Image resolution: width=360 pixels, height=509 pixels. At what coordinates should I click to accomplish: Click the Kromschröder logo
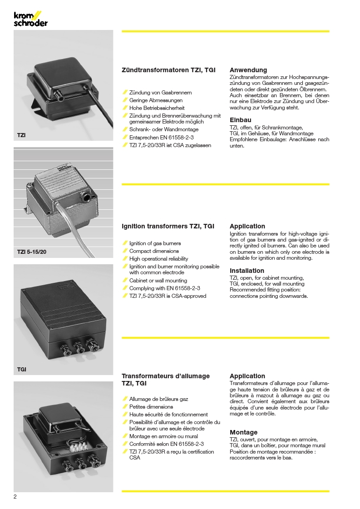[30, 19]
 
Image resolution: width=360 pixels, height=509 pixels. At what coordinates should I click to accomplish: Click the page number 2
[15, 496]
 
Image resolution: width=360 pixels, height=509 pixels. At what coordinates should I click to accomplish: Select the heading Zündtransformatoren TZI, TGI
[168, 70]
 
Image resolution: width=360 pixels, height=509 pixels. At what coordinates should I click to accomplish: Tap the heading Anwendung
[248, 70]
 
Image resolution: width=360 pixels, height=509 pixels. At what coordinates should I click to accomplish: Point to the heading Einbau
[241, 120]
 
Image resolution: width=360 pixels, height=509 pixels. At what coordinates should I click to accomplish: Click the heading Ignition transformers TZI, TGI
[168, 226]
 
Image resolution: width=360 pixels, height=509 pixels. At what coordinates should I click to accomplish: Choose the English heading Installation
[247, 271]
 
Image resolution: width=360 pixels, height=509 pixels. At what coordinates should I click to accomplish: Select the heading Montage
[243, 432]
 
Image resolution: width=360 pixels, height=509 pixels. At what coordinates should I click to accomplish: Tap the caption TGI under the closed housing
[22, 369]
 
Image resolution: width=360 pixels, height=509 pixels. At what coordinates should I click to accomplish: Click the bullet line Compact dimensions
[154, 251]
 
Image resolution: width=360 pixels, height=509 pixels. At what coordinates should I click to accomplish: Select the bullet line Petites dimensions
[151, 407]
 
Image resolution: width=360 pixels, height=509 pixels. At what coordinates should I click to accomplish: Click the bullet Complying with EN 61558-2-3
[164, 288]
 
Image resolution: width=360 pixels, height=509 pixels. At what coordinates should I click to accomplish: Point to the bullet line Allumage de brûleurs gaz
[158, 399]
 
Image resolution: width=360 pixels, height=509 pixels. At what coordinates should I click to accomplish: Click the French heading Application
[247, 376]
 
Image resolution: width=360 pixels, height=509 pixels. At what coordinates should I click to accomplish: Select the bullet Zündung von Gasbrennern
[160, 93]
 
